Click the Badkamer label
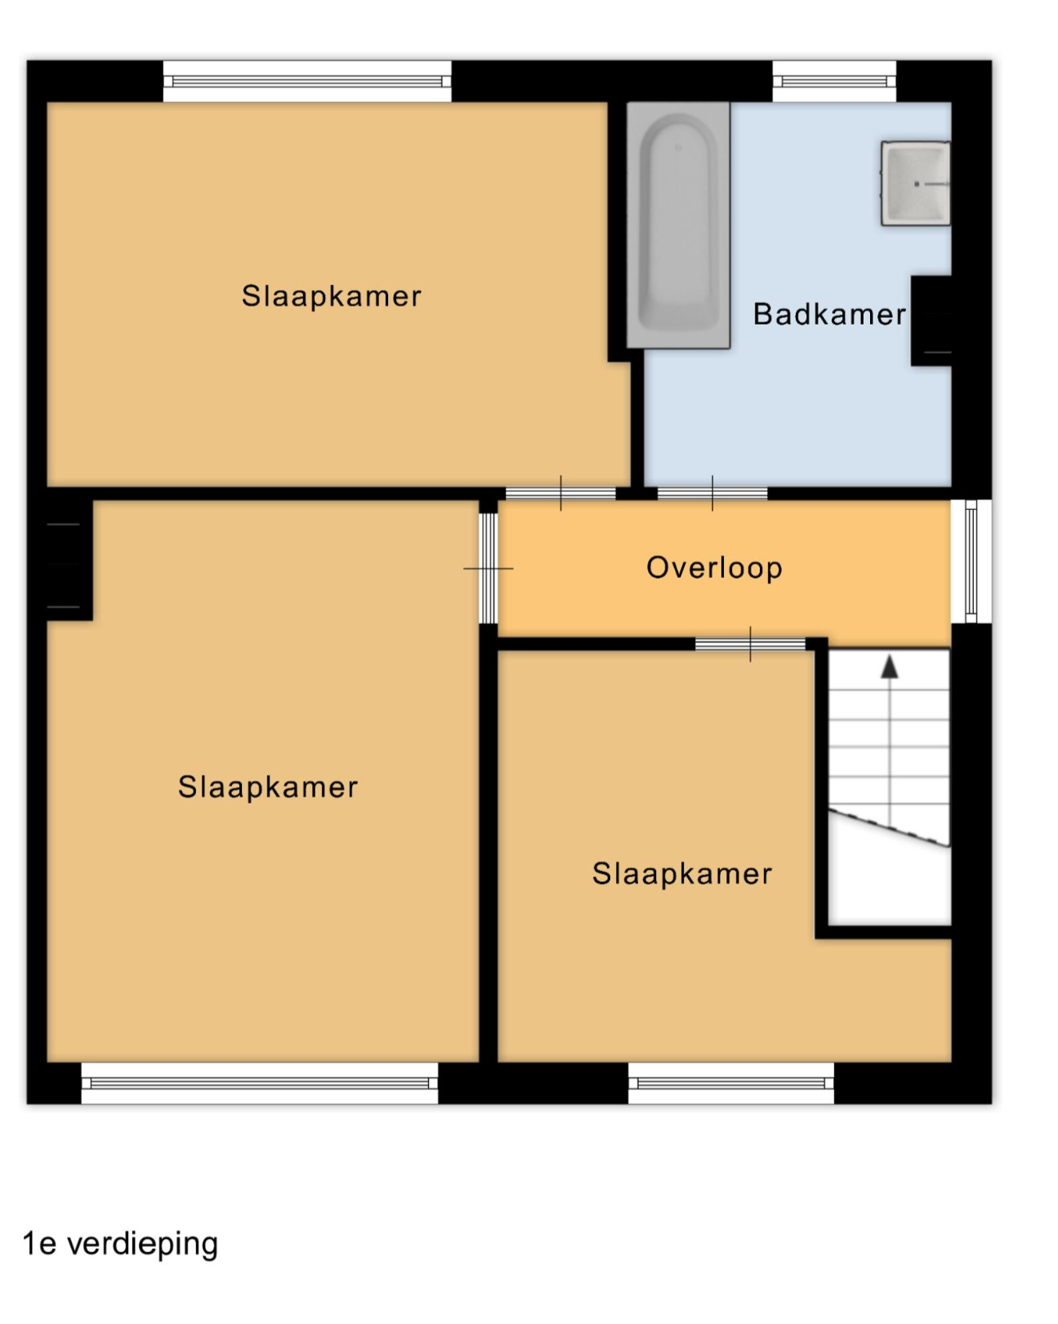click(828, 315)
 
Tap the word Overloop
click(714, 568)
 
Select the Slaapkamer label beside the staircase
click(681, 874)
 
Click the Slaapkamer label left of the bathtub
click(332, 296)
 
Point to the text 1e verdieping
click(121, 1243)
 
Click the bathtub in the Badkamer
click(678, 226)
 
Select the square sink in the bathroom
click(916, 183)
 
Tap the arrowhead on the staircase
click(890, 668)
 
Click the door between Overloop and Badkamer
click(712, 493)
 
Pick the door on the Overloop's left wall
click(489, 569)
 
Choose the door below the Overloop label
click(751, 644)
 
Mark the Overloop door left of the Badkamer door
click(560, 493)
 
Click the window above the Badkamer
click(834, 81)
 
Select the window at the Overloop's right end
click(971, 561)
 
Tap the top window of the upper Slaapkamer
click(307, 81)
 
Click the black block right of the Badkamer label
click(931, 321)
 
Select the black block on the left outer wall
click(69, 560)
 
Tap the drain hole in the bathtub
click(678, 148)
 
